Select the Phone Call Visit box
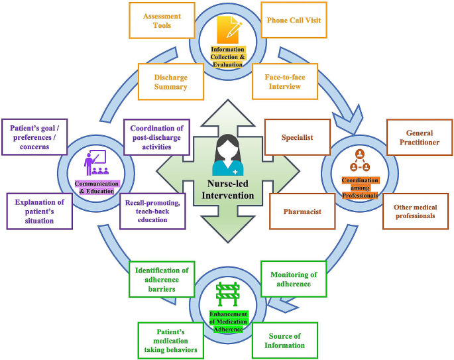click(x=293, y=21)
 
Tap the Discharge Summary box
click(x=170, y=82)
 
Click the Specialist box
click(x=297, y=137)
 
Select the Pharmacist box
click(x=302, y=211)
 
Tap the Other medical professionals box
click(x=415, y=211)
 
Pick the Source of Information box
click(x=285, y=340)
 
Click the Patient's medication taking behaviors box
click(x=171, y=340)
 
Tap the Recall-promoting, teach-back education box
click(x=152, y=211)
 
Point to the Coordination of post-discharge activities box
click(x=157, y=137)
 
